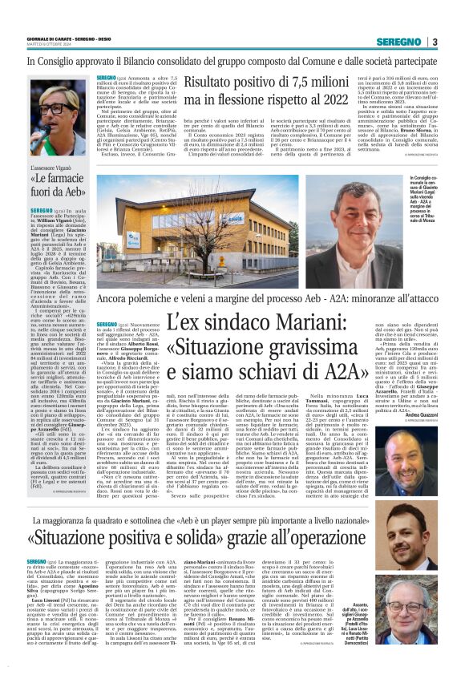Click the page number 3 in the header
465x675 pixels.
(x=434, y=42)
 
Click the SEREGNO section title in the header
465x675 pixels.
(x=398, y=42)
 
